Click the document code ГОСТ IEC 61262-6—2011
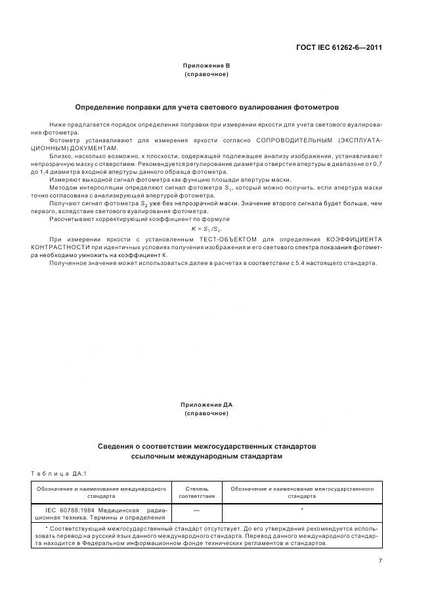pos(339,48)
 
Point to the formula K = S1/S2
pos(206,228)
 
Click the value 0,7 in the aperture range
pos(378,164)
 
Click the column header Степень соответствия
pos(196,493)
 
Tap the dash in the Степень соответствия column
pos(196,509)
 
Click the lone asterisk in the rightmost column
pos(301,509)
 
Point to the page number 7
pos(380,560)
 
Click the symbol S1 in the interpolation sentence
pos(228,188)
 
